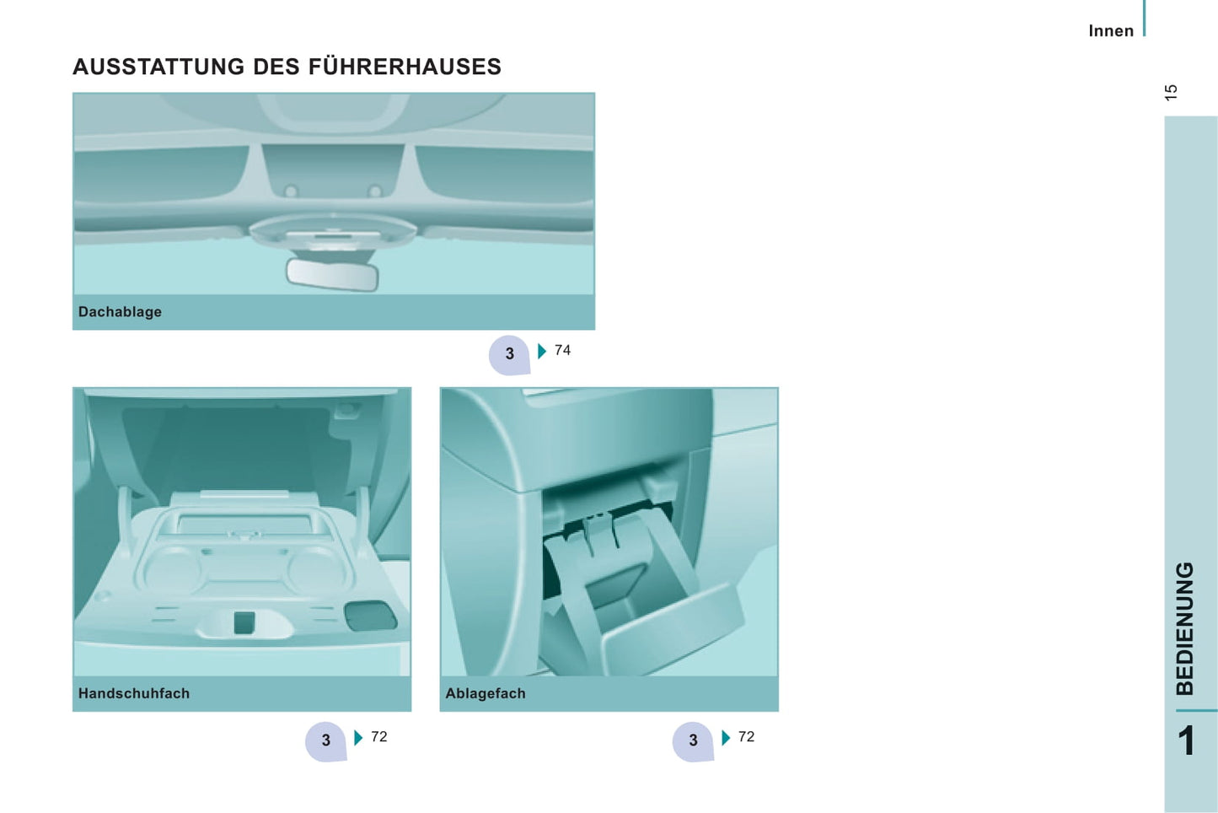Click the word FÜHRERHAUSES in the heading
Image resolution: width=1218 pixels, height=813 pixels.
tap(405, 66)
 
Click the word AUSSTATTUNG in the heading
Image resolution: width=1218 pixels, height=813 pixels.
tap(158, 67)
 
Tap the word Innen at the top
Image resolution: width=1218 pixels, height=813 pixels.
tap(1111, 31)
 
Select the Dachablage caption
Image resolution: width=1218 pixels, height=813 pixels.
tap(121, 312)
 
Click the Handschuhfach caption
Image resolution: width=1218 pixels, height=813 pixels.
tap(134, 693)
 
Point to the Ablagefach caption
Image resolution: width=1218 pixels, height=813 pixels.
tap(486, 693)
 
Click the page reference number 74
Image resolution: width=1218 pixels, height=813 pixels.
tap(563, 350)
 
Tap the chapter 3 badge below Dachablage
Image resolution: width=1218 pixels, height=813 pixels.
tap(509, 354)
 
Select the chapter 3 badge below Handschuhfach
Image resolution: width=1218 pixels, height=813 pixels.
tap(325, 740)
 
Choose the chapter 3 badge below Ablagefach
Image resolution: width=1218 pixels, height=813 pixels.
tap(693, 740)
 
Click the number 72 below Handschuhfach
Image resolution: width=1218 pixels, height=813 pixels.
tap(379, 736)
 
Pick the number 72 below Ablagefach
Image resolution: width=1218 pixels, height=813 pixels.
tap(747, 736)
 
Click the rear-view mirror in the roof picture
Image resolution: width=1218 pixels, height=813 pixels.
tap(332, 275)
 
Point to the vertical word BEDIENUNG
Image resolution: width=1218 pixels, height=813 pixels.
tap(1185, 628)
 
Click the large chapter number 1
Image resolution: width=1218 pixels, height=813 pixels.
tap(1187, 740)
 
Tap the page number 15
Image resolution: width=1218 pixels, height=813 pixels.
tap(1172, 92)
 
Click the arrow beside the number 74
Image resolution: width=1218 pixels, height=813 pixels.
tap(542, 351)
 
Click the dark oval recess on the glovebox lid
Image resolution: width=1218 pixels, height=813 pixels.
tap(370, 616)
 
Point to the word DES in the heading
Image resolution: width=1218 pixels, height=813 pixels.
tap(276, 67)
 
